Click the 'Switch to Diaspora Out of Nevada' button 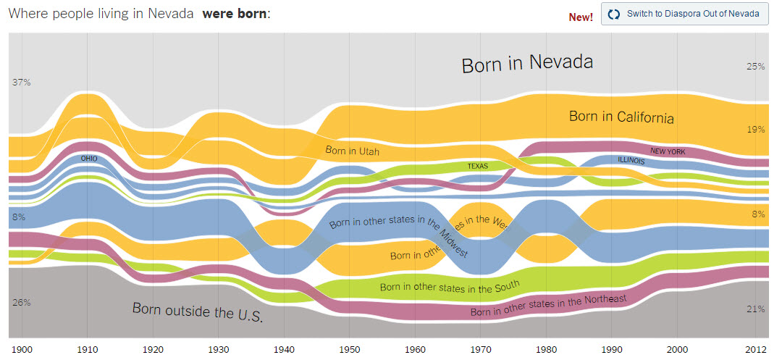684,14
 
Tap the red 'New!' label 581,17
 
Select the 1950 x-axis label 349,349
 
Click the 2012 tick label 756,349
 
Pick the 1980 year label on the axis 547,349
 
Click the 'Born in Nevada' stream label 527,63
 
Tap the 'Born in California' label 621,117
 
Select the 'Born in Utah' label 352,151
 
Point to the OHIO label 89,158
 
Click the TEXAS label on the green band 477,166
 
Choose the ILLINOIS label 631,160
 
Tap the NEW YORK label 667,151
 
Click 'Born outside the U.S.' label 197,312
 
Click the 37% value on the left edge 21,83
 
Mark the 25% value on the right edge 756,67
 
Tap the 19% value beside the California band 756,130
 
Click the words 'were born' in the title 239,14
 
